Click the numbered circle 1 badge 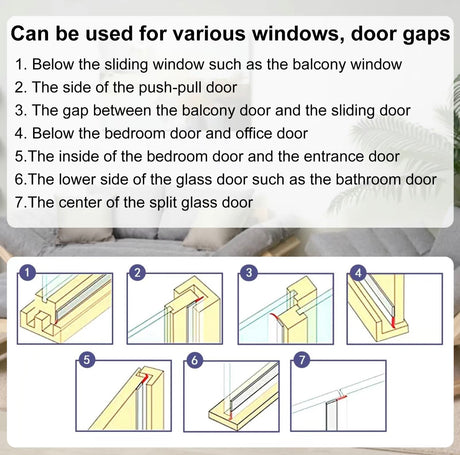coord(27,273)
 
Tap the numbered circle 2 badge coord(137,273)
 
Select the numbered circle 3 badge coord(248,273)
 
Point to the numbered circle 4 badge coord(358,273)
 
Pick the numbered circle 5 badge coord(86,360)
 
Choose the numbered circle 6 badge coord(194,360)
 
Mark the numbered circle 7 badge coord(302,360)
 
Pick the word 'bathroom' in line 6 coord(368,179)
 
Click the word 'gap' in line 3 coord(75,112)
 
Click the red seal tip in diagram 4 coord(393,322)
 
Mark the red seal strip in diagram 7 coord(342,397)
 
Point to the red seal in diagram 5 coord(144,378)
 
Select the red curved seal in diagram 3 coord(276,317)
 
